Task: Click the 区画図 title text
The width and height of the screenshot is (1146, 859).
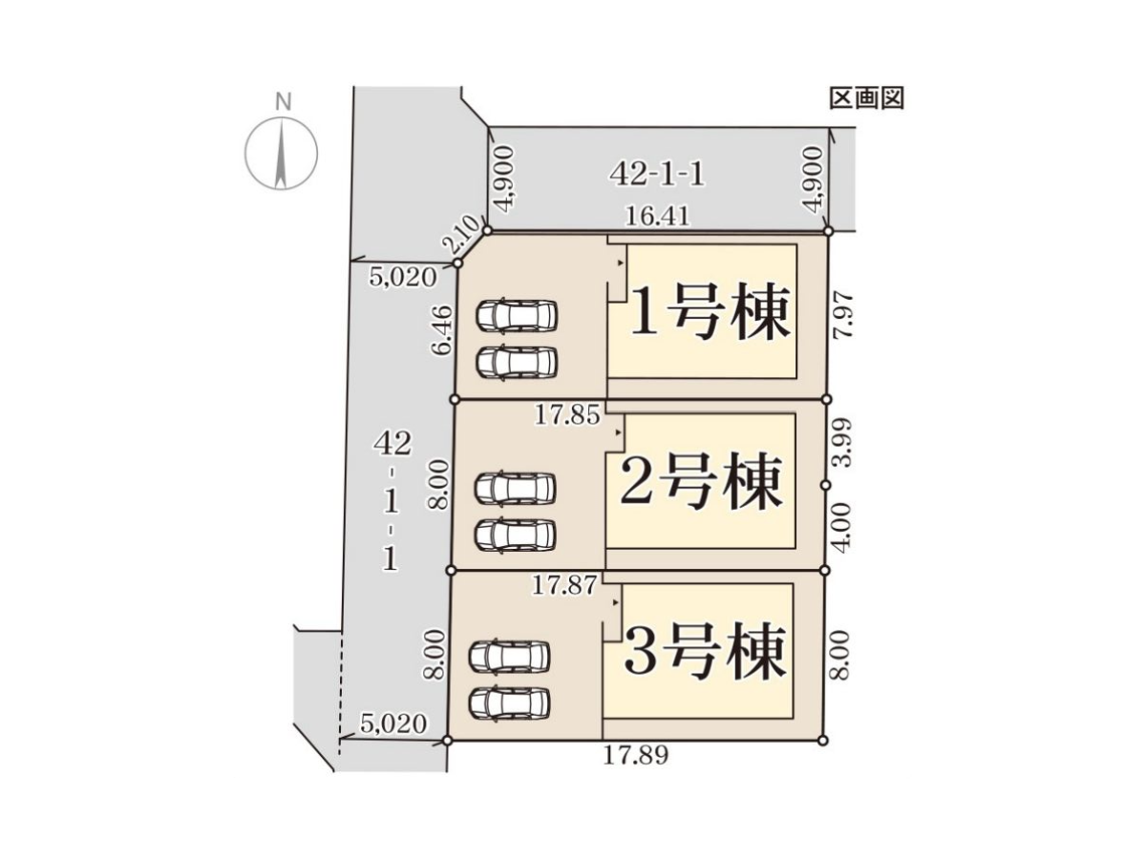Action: coord(866,97)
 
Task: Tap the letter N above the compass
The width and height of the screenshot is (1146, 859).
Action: coord(284,102)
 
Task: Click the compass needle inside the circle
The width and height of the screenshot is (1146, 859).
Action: coord(282,153)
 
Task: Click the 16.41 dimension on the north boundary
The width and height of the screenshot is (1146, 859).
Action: coord(657,216)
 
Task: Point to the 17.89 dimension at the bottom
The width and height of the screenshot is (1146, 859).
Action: coord(635,755)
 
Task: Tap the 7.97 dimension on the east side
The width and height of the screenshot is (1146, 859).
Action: coord(842,316)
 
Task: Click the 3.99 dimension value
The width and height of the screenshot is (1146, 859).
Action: coord(841,442)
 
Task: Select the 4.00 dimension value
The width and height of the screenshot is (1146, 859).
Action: coord(841,528)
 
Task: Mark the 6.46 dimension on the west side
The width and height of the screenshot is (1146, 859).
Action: coord(444,330)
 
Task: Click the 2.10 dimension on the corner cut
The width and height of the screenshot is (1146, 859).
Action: coord(459,240)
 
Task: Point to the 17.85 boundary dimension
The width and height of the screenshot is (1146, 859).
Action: coord(567,416)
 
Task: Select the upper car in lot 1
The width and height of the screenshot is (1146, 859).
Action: coord(517,316)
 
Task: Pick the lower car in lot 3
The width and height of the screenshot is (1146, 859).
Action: coord(510,703)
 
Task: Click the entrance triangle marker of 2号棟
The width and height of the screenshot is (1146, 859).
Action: coord(619,432)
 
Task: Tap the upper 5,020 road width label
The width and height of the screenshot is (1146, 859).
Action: coord(403,278)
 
